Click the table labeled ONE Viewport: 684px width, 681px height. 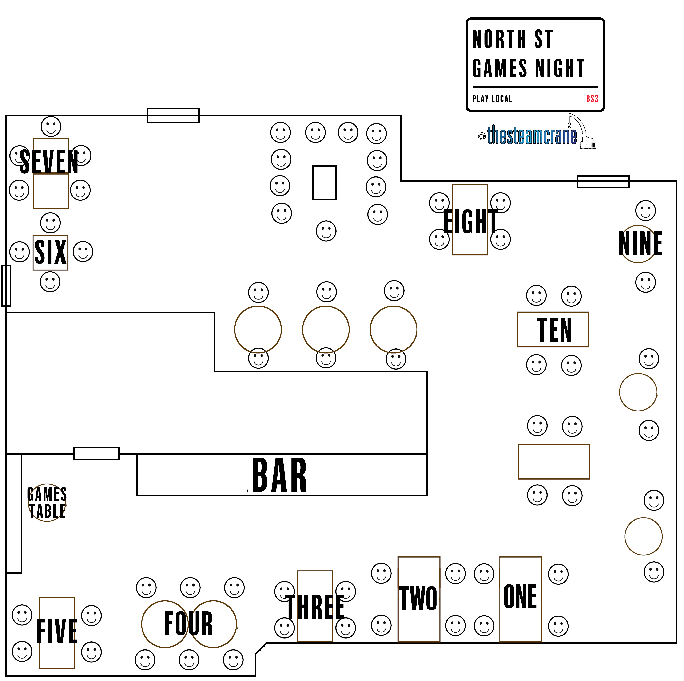520,597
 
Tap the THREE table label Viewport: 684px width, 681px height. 315,607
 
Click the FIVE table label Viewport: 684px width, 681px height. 57,631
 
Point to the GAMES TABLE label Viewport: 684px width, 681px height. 47,503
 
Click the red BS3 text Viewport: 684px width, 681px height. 592,99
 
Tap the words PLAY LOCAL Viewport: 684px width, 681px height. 492,99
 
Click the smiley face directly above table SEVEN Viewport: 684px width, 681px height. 51,126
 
